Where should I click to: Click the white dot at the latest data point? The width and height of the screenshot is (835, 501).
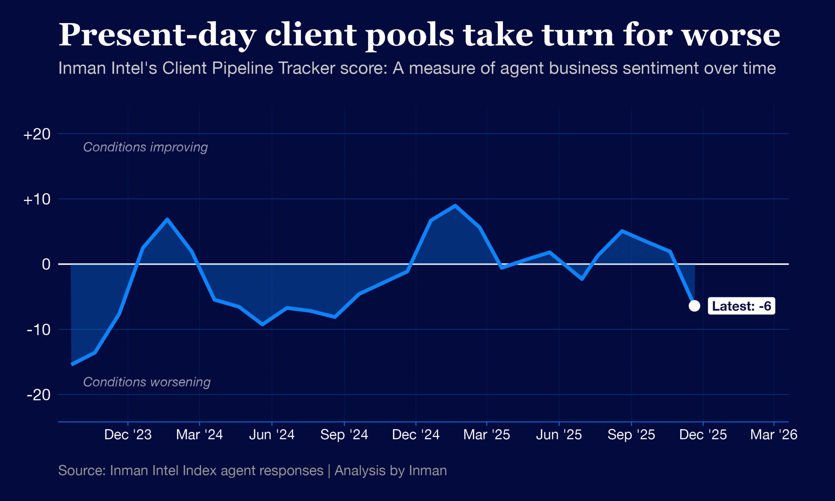(694, 306)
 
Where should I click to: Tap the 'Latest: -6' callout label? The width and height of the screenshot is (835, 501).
(741, 306)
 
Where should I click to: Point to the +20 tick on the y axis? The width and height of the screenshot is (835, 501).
(37, 134)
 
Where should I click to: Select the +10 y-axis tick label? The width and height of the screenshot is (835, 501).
(37, 200)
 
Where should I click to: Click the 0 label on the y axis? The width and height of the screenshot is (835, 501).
(46, 264)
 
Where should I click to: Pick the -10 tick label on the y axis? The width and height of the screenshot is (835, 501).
(38, 329)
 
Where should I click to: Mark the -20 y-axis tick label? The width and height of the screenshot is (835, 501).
(38, 395)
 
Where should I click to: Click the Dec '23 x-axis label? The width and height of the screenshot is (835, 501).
(128, 434)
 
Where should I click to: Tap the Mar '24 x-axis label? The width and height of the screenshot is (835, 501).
(200, 434)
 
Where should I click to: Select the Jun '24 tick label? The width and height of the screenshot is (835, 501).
(272, 434)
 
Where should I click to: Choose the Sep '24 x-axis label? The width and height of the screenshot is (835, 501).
(344, 434)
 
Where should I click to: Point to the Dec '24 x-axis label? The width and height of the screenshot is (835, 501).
(416, 434)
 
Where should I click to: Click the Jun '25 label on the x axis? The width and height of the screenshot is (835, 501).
(559, 434)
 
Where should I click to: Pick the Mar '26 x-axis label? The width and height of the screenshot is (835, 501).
(774, 434)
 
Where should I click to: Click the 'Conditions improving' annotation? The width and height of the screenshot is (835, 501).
(145, 147)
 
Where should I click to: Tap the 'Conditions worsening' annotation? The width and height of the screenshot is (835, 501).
(147, 382)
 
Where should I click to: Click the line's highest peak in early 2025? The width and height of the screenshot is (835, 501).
(455, 205)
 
